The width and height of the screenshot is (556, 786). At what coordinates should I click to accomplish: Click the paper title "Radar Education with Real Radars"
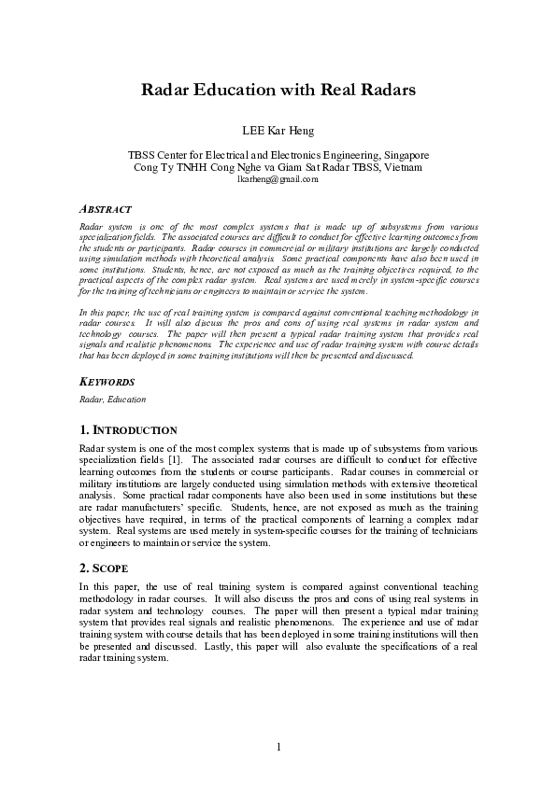point(278,91)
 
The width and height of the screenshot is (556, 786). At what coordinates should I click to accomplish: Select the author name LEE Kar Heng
point(278,130)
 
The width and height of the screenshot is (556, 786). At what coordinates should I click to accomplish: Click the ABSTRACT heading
point(105,209)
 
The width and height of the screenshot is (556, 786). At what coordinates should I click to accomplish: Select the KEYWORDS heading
point(107,383)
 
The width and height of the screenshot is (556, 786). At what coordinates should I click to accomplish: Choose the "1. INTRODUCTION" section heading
point(128,430)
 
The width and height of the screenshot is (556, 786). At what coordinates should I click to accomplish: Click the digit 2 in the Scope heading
point(83,567)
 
